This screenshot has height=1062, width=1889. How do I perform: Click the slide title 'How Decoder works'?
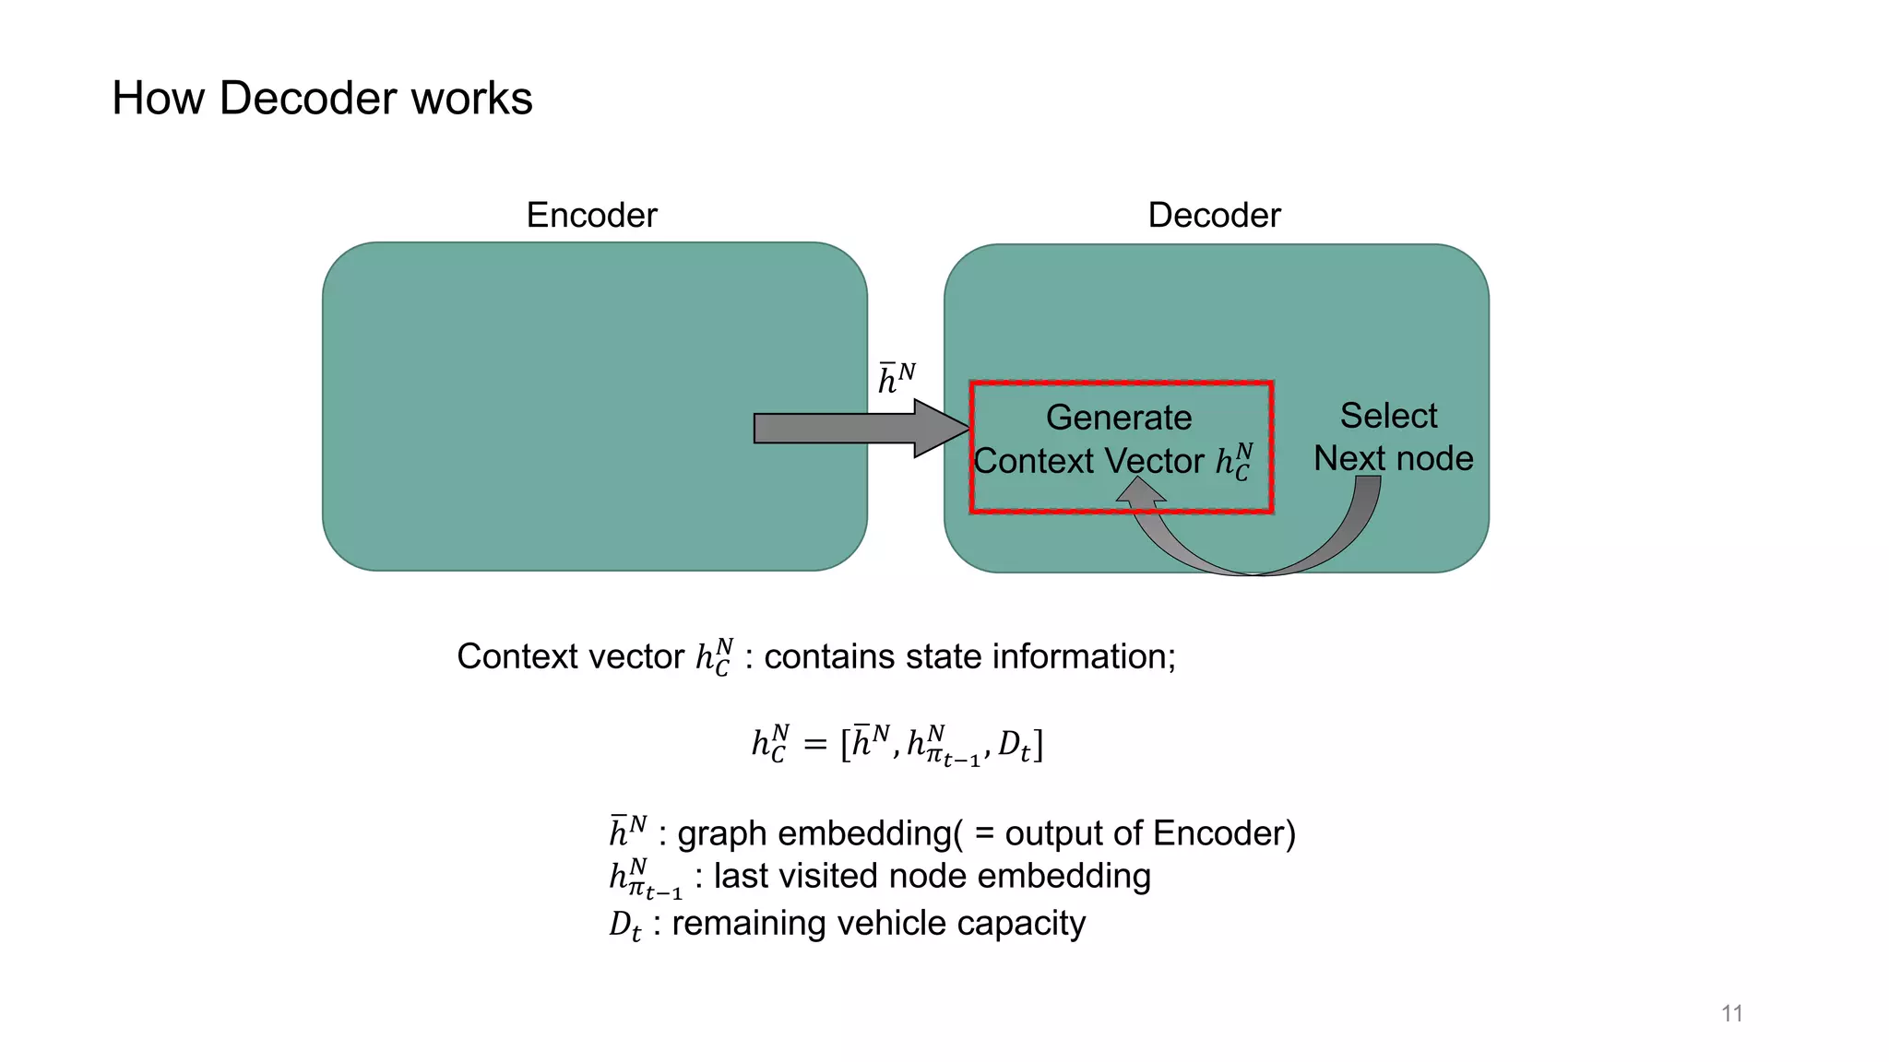pyautogui.click(x=322, y=98)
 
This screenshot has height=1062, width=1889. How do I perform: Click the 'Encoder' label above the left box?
pyautogui.click(x=591, y=215)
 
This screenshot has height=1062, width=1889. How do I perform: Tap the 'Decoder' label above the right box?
pyautogui.click(x=1214, y=215)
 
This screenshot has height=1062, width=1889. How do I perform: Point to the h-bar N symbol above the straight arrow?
pyautogui.click(x=896, y=378)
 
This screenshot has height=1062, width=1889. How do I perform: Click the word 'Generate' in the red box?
pyautogui.click(x=1118, y=418)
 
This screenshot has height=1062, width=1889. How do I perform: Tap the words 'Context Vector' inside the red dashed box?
pyautogui.click(x=1088, y=461)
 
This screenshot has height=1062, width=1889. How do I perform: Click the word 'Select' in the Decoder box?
pyautogui.click(x=1388, y=416)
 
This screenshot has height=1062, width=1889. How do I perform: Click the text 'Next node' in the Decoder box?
pyautogui.click(x=1393, y=458)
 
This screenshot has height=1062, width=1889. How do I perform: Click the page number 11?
pyautogui.click(x=1731, y=1013)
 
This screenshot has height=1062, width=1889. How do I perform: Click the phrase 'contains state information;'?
pyautogui.click(x=969, y=656)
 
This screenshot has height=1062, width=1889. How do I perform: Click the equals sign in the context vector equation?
pyautogui.click(x=814, y=743)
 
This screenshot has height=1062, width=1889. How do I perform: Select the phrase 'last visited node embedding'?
pyautogui.click(x=932, y=876)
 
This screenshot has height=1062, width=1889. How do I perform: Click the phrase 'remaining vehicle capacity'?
pyautogui.click(x=878, y=923)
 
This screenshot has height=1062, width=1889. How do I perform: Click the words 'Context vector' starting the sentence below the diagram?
pyautogui.click(x=570, y=656)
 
